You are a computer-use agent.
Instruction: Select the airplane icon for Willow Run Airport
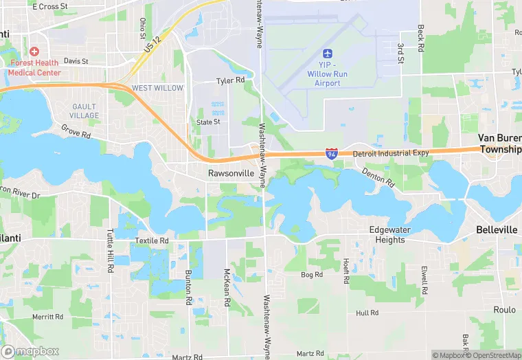[328, 54]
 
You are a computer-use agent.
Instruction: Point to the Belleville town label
[497, 230]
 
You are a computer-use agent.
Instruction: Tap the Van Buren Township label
[500, 144]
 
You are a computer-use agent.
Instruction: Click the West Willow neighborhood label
[158, 88]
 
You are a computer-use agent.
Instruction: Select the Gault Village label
[85, 111]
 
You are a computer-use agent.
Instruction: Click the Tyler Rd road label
[230, 80]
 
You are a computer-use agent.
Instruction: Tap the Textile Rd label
[151, 241]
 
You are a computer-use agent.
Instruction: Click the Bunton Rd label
[188, 286]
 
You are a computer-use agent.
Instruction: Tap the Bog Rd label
[312, 275]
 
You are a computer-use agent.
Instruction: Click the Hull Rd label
[367, 313]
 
